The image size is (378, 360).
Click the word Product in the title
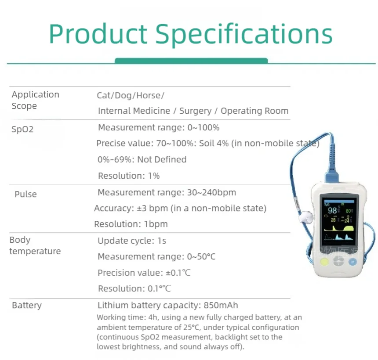coord(98,34)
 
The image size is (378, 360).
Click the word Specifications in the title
coord(244,34)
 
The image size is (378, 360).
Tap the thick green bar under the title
coord(191,61)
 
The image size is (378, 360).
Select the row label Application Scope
coord(35,100)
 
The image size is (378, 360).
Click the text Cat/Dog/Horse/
coord(131,95)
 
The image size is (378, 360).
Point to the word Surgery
coord(195,111)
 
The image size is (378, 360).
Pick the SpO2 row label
coord(23,130)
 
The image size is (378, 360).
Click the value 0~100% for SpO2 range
coord(203,128)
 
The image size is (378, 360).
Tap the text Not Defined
coord(162,159)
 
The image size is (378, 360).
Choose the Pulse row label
coord(25,194)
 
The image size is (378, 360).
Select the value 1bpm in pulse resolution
coord(156,224)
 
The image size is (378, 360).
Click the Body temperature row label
coord(35,245)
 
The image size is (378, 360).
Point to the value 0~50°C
coord(201,256)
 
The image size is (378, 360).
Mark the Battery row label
coord(27,306)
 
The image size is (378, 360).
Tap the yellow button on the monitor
coord(324,262)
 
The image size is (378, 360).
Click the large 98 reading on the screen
coord(332,211)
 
